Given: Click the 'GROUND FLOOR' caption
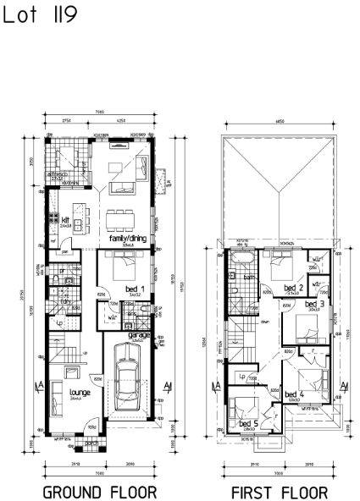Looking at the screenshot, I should pyautogui.click(x=99, y=491).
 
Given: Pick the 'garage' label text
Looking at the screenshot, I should pyautogui.click(x=137, y=334).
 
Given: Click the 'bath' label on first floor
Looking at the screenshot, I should pyautogui.click(x=250, y=276).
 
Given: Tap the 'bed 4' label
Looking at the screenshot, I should pyautogui.click(x=294, y=394).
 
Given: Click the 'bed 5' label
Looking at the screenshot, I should pyautogui.click(x=248, y=423).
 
